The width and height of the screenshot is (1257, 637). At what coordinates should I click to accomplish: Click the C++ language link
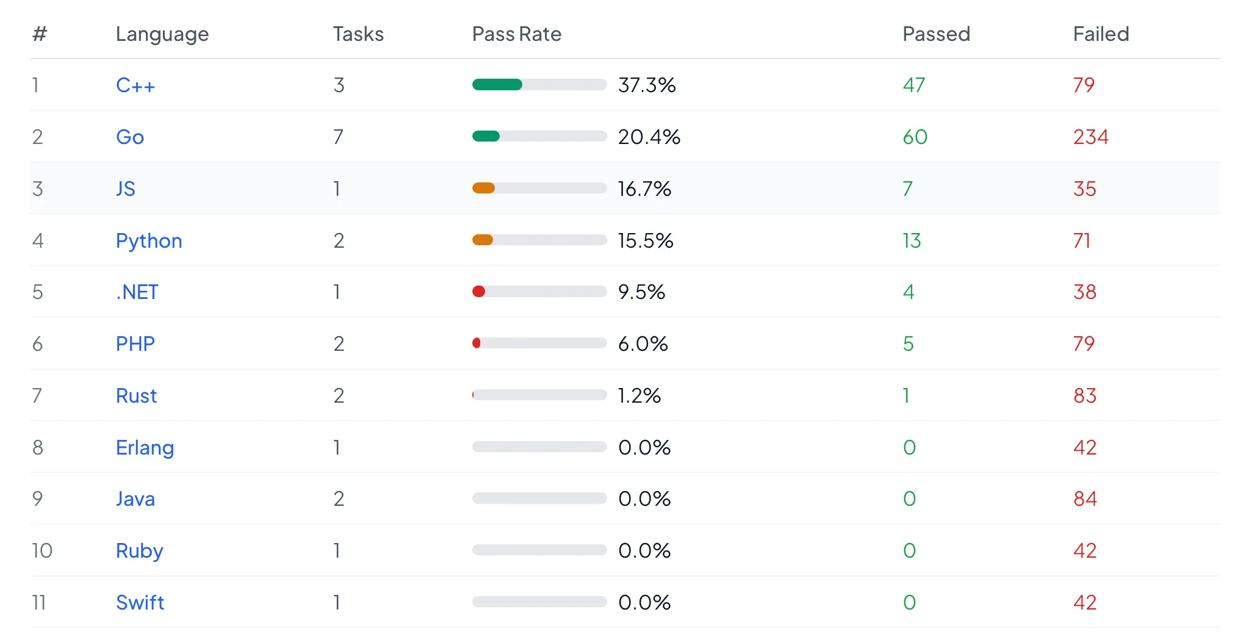click(135, 85)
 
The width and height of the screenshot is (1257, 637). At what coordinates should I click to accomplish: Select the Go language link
click(130, 137)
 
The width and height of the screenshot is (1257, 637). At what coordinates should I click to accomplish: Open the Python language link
click(149, 241)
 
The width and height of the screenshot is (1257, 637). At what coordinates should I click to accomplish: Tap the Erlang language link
click(145, 448)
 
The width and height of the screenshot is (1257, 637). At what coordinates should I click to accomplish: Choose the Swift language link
click(140, 603)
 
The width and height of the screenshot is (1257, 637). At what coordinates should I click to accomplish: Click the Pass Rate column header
click(516, 34)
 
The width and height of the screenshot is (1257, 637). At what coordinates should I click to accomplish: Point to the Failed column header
click(1101, 34)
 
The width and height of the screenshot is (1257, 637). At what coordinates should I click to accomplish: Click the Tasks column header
click(358, 34)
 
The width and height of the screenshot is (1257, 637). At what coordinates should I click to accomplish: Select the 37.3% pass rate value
click(647, 85)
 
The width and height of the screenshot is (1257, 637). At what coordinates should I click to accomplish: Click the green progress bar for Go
click(486, 137)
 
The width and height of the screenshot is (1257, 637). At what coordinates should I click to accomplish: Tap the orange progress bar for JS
click(483, 189)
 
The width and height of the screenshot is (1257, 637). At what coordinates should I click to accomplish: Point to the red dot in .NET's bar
click(479, 292)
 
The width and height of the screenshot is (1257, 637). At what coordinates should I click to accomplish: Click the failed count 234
click(1090, 137)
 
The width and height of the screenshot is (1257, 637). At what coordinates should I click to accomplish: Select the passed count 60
click(915, 137)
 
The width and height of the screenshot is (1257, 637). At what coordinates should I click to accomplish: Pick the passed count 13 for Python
click(912, 241)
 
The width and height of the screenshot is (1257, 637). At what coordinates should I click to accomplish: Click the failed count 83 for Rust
click(1084, 396)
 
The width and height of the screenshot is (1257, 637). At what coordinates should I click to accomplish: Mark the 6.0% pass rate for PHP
click(643, 344)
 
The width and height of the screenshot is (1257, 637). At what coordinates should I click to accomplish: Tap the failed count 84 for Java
click(1084, 499)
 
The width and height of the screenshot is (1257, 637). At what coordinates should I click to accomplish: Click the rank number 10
click(42, 551)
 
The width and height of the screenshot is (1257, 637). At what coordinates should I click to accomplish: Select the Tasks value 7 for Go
click(338, 137)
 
